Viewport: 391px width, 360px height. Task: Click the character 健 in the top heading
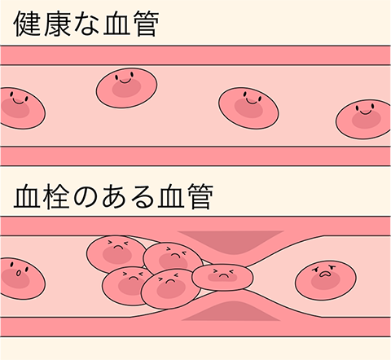tap(28, 24)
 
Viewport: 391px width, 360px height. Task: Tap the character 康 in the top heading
tap(57, 24)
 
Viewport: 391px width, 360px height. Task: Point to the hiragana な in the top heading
tap(86, 24)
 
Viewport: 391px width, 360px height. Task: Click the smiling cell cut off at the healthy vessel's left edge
tap(22, 108)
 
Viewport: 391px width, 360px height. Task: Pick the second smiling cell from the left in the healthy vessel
tap(126, 88)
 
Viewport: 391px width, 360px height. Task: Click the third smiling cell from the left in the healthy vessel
tap(248, 108)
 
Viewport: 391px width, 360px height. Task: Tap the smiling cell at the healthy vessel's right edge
tap(363, 120)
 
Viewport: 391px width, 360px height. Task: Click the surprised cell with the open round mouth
tap(22, 279)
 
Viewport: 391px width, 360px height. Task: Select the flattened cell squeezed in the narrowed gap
tap(222, 277)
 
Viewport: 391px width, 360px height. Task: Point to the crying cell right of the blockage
tap(326, 278)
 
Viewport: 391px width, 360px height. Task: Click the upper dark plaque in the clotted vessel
tap(231, 241)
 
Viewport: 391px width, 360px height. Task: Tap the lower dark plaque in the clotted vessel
tap(231, 312)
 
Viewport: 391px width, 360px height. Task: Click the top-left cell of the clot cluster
tap(116, 254)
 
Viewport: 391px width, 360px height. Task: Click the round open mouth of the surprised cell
tap(18, 273)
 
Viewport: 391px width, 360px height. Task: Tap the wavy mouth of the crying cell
tap(324, 274)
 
